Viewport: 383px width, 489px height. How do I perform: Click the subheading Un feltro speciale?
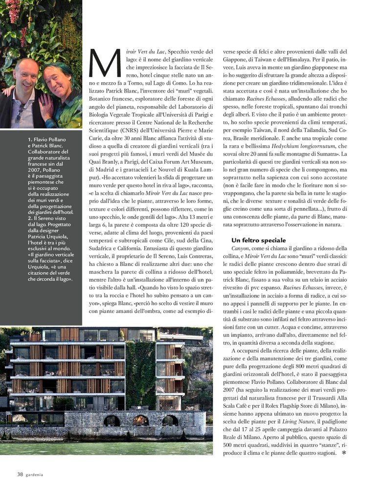click(x=258, y=240)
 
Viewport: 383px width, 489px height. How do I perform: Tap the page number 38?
click(x=20, y=474)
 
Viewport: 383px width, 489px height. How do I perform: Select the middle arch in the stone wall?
click(x=141, y=420)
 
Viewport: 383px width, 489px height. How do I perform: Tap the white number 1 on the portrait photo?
click(x=79, y=125)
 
